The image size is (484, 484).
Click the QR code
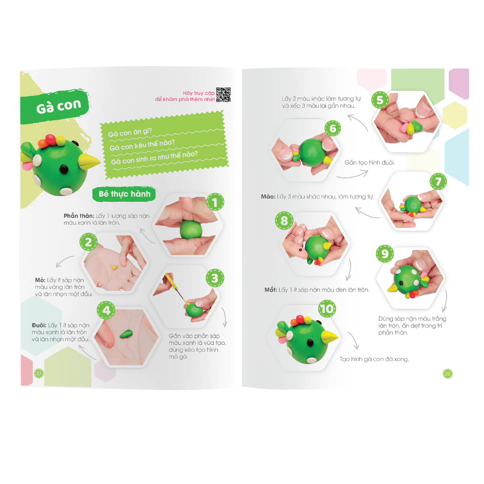pyautogui.click(x=223, y=95)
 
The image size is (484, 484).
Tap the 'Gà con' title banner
pyautogui.click(x=55, y=106)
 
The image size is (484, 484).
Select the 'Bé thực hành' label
pyautogui.click(x=124, y=194)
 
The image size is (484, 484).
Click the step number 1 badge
pyautogui.click(x=215, y=202)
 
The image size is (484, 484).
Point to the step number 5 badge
pyautogui.click(x=380, y=100)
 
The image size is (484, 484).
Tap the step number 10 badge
pyautogui.click(x=326, y=309)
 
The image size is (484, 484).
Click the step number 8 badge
pyautogui.click(x=284, y=221)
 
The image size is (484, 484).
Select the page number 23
pyautogui.click(x=447, y=374)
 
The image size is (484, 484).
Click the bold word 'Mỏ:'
pyautogui.click(x=40, y=280)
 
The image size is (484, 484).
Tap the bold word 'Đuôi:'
pyautogui.click(x=39, y=325)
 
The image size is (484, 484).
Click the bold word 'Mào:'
pyautogui.click(x=268, y=196)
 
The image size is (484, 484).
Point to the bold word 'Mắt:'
pyautogui.click(x=271, y=290)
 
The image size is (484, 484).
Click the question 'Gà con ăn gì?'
pyautogui.click(x=129, y=132)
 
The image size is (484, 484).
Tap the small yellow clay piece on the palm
pyautogui.click(x=115, y=267)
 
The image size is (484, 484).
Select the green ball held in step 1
pyautogui.click(x=191, y=229)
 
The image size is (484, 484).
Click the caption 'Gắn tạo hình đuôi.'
pyautogui.click(x=369, y=163)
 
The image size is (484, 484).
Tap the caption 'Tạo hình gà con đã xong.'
pyautogui.click(x=374, y=359)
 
